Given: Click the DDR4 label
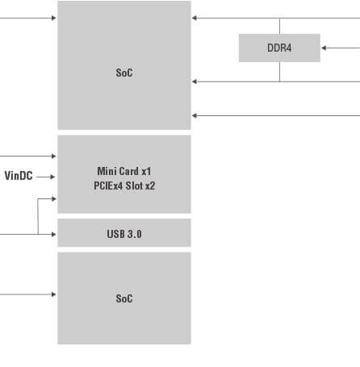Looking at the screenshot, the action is point(279,48).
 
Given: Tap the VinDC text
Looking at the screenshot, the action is point(19,176).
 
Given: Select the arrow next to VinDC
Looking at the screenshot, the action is point(45,177).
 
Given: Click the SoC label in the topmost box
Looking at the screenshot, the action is point(124,73).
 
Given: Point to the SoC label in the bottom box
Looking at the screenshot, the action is point(124,298).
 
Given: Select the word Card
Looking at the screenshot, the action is point(129,171).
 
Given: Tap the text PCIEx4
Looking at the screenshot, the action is point(108,186).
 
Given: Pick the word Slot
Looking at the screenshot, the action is point(134,186).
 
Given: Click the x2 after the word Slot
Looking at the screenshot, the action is point(150,186).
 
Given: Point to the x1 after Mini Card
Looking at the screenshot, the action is point(146,172).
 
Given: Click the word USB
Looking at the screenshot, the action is point(115,234).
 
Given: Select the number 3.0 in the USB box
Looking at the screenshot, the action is point(135,234).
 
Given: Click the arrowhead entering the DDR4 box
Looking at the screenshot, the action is point(324,48).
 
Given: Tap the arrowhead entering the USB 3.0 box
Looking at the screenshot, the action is point(54,234).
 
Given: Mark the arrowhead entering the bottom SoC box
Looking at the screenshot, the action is point(54,294).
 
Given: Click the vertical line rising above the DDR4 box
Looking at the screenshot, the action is point(279,26).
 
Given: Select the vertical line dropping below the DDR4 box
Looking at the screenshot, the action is point(279,72).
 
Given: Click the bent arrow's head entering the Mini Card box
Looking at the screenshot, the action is point(54,198).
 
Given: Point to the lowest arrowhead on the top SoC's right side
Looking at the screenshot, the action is point(195,115).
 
